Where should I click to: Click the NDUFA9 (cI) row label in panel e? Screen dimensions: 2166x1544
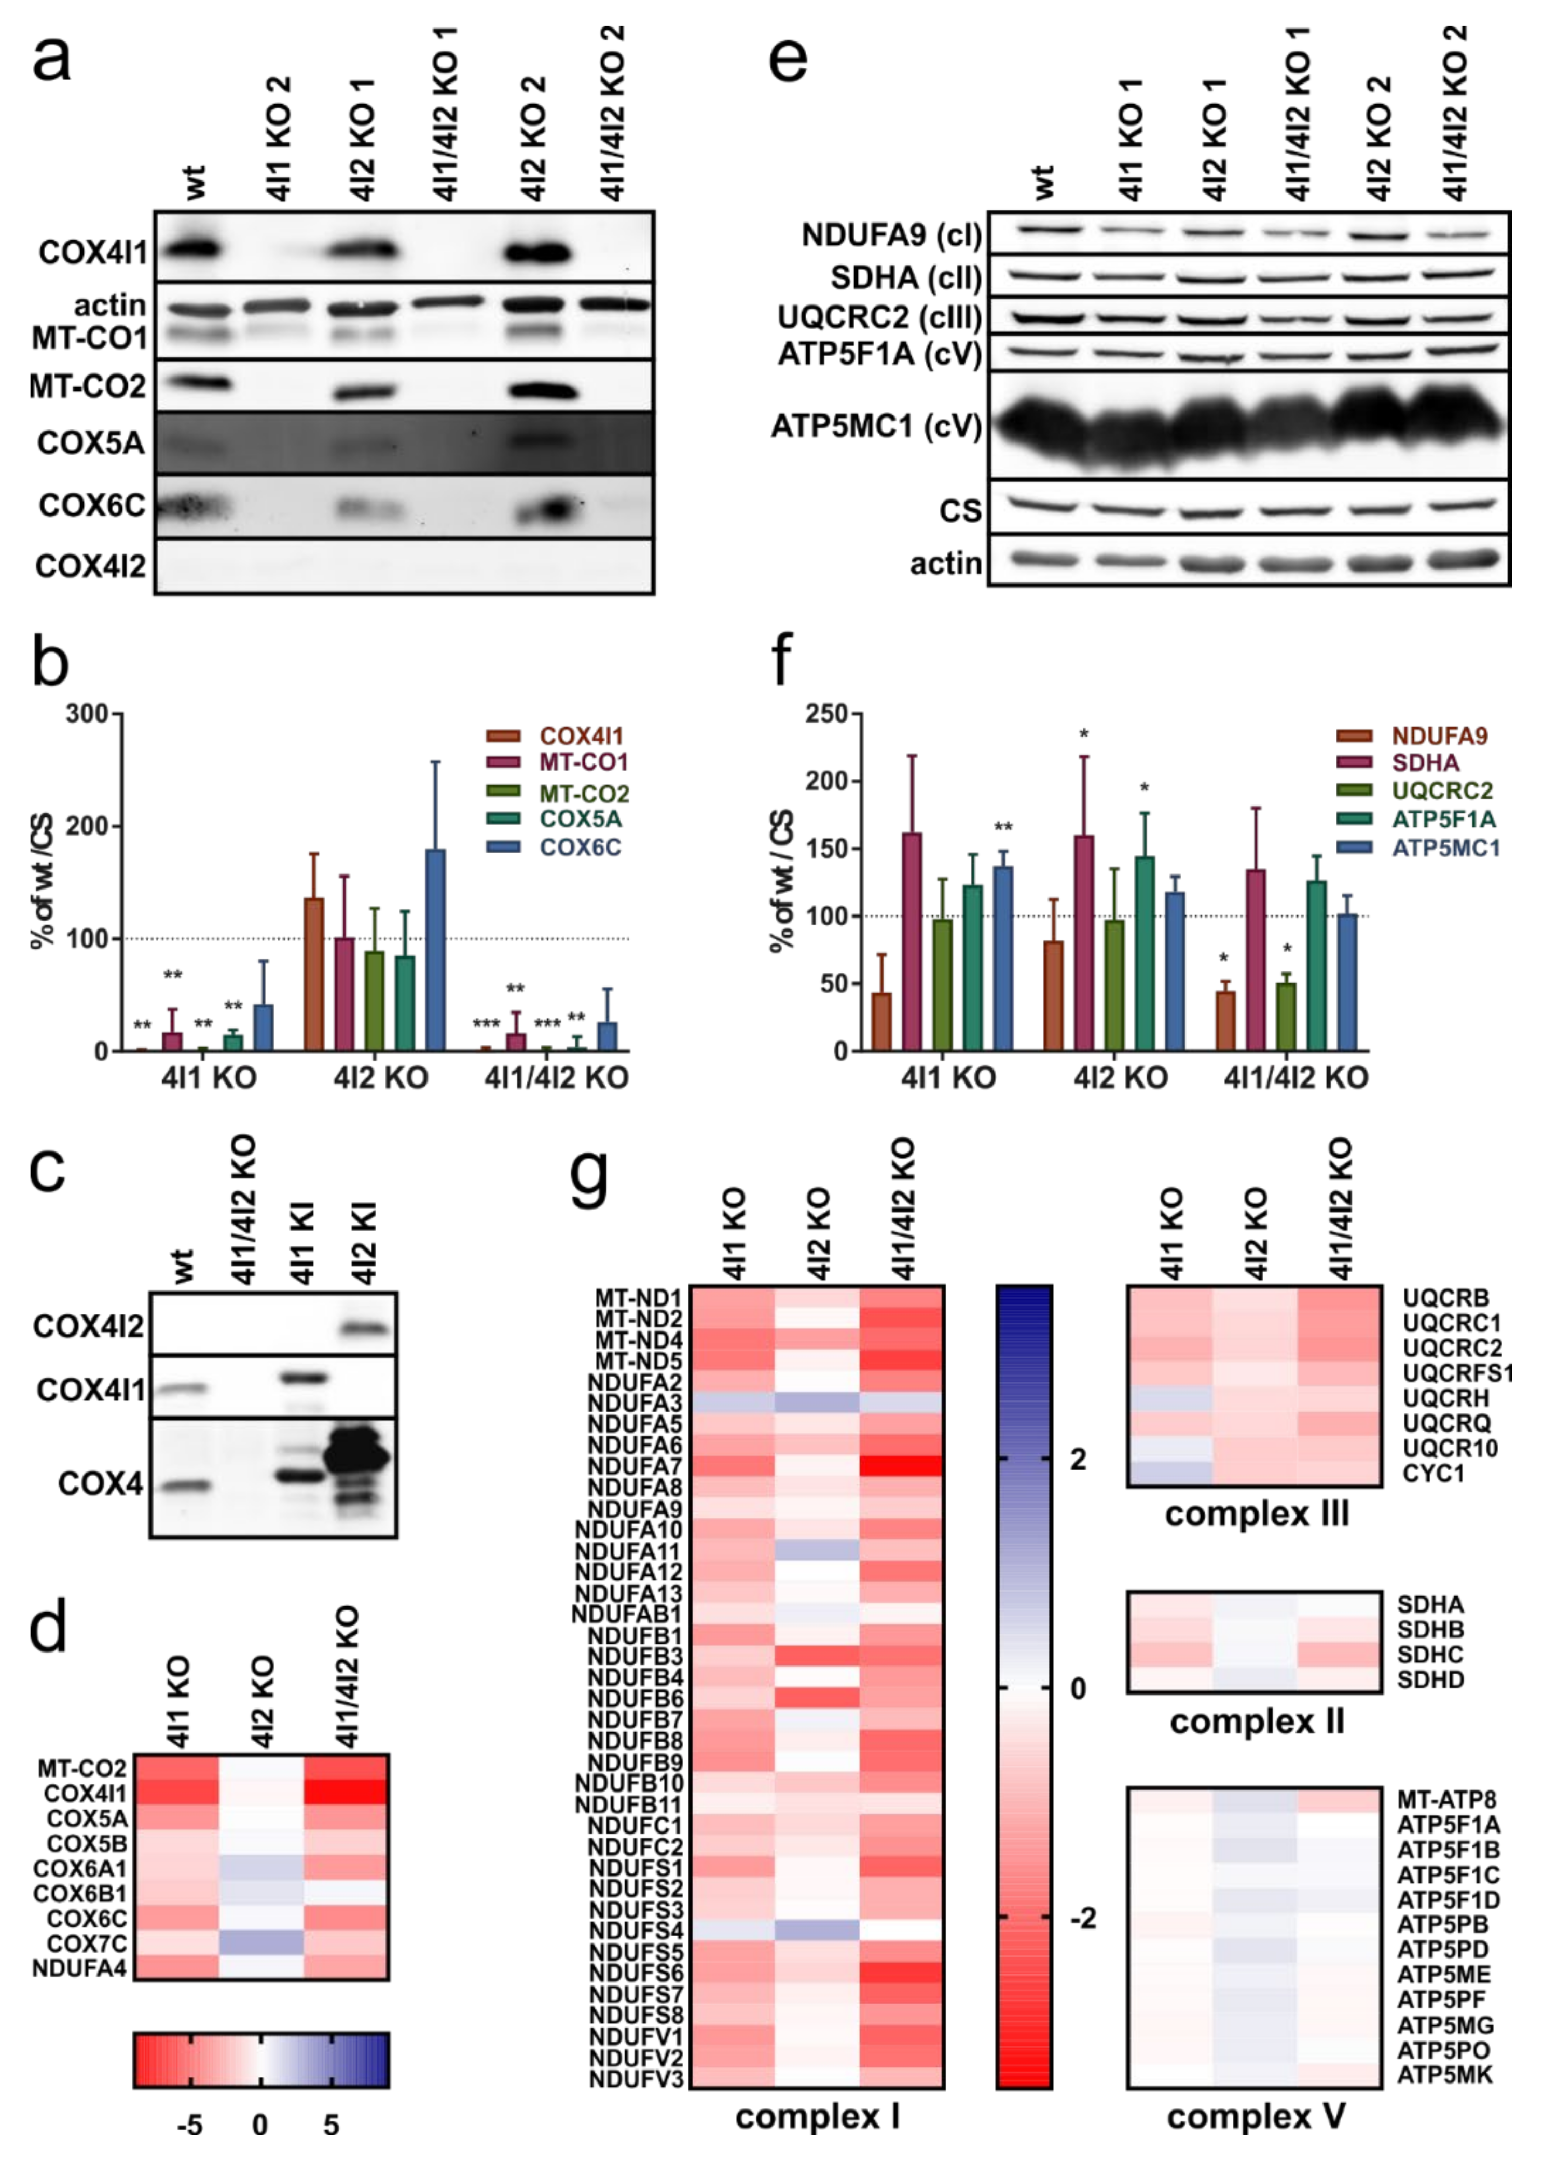(891, 235)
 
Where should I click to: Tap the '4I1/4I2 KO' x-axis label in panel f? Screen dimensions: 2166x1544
(1295, 1078)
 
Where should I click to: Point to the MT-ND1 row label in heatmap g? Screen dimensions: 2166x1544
(638, 1298)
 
